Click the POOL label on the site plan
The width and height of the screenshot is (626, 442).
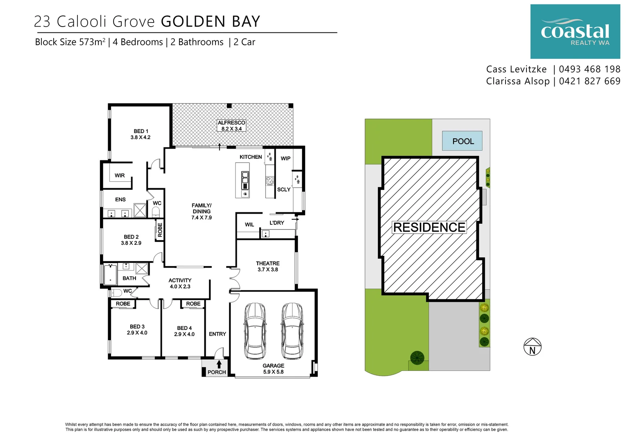[x=463, y=141]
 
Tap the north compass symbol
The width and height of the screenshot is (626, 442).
[x=532, y=347]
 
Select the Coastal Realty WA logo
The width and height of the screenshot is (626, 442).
[x=575, y=32]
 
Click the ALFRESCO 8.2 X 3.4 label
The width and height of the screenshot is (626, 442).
[x=231, y=126]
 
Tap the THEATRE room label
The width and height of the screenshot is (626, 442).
[x=268, y=266]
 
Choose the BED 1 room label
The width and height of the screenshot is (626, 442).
[x=141, y=134]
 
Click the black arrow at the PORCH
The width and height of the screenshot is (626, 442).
[x=219, y=364]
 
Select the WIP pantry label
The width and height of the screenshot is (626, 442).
[x=286, y=158]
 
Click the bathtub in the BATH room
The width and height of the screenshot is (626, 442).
[x=110, y=275]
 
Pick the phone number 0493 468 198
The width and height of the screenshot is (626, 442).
[x=590, y=69]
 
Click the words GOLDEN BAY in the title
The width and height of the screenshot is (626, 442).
[x=211, y=22]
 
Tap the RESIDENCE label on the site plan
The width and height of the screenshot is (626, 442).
[x=429, y=227]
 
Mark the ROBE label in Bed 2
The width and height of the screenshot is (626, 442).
[x=160, y=230]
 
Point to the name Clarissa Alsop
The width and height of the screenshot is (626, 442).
[x=518, y=81]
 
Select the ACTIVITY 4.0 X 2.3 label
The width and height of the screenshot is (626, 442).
[x=180, y=283]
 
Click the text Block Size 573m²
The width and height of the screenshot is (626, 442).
[x=70, y=42]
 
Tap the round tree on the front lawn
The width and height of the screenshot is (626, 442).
[x=417, y=357]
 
